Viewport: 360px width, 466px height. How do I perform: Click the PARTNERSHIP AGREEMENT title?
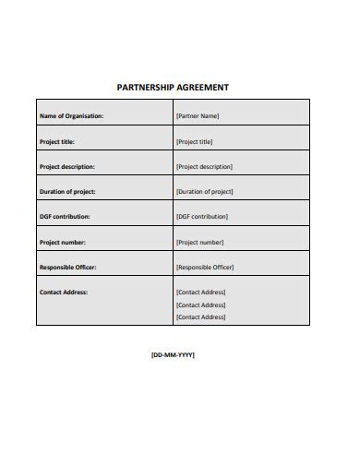click(173, 88)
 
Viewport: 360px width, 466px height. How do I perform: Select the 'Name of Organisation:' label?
click(71, 116)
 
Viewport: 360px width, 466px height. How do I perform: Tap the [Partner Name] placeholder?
click(198, 116)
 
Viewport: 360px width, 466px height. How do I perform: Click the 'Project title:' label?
click(57, 141)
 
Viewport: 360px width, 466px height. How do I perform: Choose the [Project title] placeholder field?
click(194, 141)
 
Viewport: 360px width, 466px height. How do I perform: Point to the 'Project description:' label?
click(66, 166)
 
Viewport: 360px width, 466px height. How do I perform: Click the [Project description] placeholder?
click(204, 166)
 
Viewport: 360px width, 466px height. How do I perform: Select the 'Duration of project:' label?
click(67, 191)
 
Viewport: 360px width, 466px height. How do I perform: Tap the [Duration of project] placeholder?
click(204, 191)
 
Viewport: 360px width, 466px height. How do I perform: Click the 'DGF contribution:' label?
click(65, 216)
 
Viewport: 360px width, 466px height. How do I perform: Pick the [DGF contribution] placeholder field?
click(201, 216)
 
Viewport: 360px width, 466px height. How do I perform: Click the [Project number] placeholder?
click(199, 242)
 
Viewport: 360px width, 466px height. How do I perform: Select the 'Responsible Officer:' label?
click(67, 267)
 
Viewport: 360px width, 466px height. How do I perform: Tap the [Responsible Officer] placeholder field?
click(205, 267)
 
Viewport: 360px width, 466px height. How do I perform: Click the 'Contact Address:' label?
click(64, 292)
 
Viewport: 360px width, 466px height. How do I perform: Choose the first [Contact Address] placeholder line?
click(200, 292)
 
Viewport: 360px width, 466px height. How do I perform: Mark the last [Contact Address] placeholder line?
click(200, 317)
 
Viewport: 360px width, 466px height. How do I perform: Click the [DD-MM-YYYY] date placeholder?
click(173, 354)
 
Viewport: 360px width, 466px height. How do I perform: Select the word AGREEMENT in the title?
click(200, 88)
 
